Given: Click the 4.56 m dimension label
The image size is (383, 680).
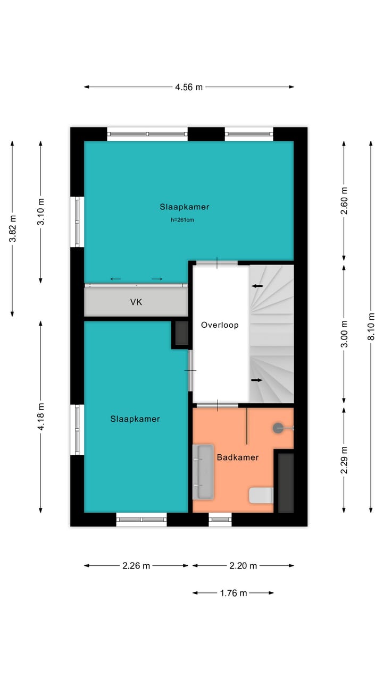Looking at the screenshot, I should point(189,87).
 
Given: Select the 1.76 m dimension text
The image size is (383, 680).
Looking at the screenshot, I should point(233,593).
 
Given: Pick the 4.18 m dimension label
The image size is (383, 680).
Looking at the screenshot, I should point(41,416).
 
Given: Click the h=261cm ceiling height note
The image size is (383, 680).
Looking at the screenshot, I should point(182,219).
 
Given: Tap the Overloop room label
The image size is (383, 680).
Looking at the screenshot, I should point(220,325).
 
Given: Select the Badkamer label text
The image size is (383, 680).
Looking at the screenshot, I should point(237,457).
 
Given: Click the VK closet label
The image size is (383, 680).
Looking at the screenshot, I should point(136,302).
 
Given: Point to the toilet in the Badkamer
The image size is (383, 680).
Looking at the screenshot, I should point(261,495).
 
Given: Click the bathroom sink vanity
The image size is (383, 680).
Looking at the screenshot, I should point(203,472).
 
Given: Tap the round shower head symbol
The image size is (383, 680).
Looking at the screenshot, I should point(278,428).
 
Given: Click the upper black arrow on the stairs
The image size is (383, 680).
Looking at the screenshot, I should point(257,286).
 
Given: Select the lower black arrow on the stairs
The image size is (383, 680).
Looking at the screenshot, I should point(257,380).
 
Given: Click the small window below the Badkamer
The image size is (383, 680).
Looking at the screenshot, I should point(220,519).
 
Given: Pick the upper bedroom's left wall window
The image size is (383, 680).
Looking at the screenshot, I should point(78,222).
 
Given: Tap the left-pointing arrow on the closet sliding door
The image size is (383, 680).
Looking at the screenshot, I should point(115,279).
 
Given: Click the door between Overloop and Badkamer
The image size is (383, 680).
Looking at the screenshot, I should point(218,405).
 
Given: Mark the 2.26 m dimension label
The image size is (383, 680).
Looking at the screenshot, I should point(136,566).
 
